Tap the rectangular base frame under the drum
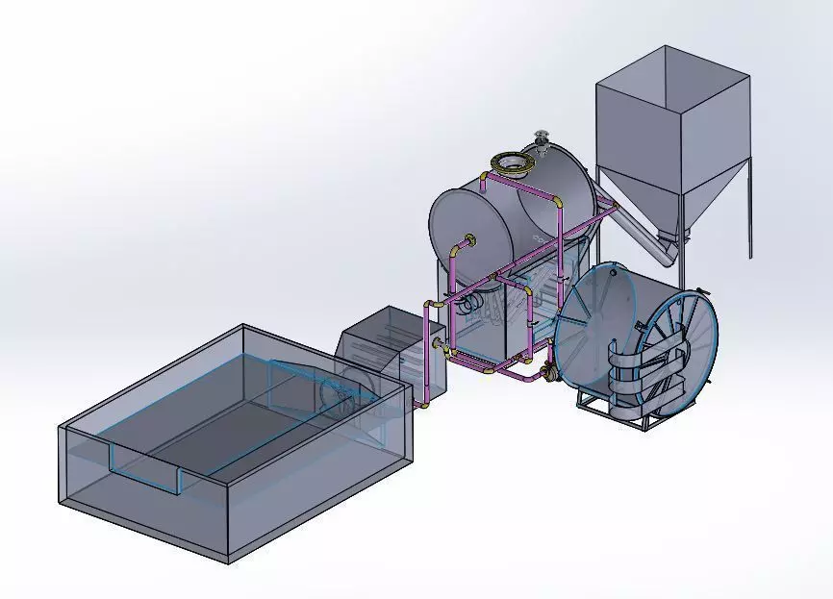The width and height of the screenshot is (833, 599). point(606,413)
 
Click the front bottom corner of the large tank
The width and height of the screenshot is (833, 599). point(227,560)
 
